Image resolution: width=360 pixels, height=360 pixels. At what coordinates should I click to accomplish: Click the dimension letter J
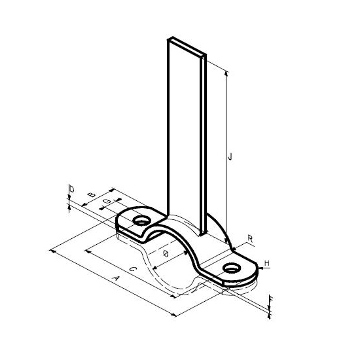pyautogui.click(x=230, y=156)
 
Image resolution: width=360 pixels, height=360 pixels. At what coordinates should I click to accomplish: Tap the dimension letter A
pyautogui.click(x=116, y=278)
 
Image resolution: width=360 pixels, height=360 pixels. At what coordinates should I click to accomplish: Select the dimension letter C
pyautogui.click(x=133, y=269)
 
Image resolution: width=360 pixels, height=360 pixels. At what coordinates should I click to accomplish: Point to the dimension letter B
pyautogui.click(x=92, y=194)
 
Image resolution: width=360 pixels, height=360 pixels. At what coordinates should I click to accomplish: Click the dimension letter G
pyautogui.click(x=107, y=202)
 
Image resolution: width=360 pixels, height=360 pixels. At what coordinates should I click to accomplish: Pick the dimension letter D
pyautogui.click(x=72, y=189)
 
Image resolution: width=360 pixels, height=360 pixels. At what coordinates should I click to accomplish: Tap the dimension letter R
pyautogui.click(x=250, y=239)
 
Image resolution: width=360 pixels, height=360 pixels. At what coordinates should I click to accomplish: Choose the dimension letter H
pyautogui.click(x=267, y=263)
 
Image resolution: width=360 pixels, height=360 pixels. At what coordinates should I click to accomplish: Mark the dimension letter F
pyautogui.click(x=271, y=299)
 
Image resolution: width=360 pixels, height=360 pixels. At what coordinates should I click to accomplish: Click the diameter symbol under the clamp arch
pyautogui.click(x=166, y=253)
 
